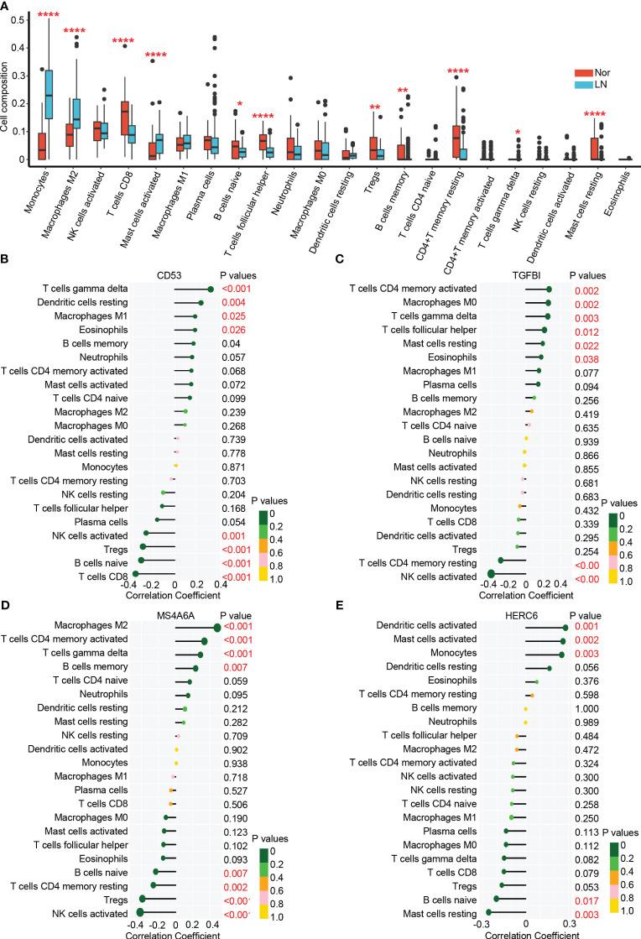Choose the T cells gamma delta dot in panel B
pyautogui.click(x=210, y=290)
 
